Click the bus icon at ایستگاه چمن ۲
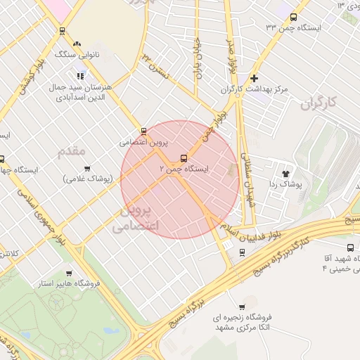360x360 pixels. [184, 158]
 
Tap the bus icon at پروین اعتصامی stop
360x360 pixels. [144, 131]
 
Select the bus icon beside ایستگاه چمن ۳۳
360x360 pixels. [294, 17]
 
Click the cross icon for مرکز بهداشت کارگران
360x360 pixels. [254, 78]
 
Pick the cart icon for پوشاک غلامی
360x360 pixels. [87, 168]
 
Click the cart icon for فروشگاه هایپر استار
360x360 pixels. [68, 273]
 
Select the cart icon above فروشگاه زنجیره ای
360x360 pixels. [243, 307]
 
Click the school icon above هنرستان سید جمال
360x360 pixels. [81, 75]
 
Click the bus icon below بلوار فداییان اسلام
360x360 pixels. [243, 253]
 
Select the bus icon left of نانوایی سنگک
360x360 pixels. [63, 30]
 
